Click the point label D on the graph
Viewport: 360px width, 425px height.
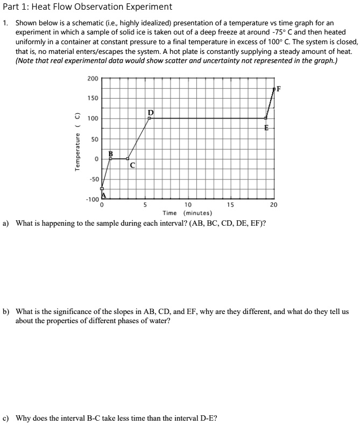[151, 113]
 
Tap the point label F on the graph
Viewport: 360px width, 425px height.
[279, 88]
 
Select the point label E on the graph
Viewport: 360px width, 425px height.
[266, 128]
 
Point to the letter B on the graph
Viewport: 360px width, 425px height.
[111, 153]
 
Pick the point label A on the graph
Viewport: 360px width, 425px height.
[104, 195]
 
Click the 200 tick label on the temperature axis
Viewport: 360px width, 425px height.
[92, 79]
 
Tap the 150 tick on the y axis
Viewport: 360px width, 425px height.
[92, 99]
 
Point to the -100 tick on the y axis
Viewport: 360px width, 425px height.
[92, 200]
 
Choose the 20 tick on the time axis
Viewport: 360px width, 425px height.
[273, 205]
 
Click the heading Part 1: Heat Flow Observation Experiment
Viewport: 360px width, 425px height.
[88, 7]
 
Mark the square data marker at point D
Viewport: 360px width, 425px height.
[149, 118]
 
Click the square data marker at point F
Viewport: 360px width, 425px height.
[274, 88]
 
